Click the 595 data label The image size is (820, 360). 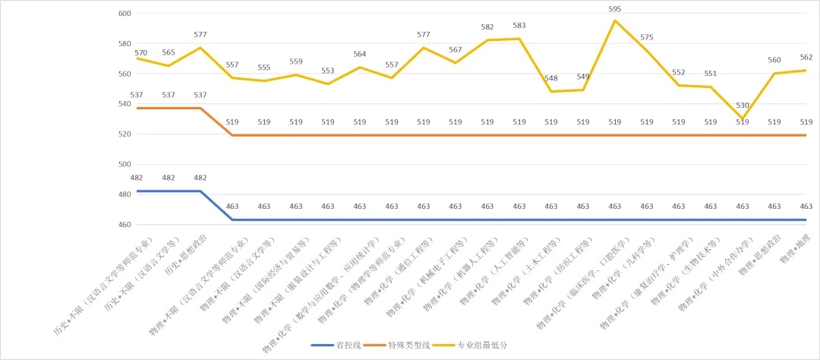point(615,9)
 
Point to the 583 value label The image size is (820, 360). point(519,25)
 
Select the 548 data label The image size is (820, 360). point(551,78)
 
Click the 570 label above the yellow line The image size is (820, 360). point(140,52)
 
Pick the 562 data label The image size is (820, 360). point(806,57)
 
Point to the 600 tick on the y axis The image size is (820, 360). point(125,14)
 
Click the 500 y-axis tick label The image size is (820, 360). point(125,165)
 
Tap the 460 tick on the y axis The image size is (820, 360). point(125,226)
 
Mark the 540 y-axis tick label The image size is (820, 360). point(125,104)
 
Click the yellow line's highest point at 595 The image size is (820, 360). point(615,21)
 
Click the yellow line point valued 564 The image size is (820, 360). point(360,68)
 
